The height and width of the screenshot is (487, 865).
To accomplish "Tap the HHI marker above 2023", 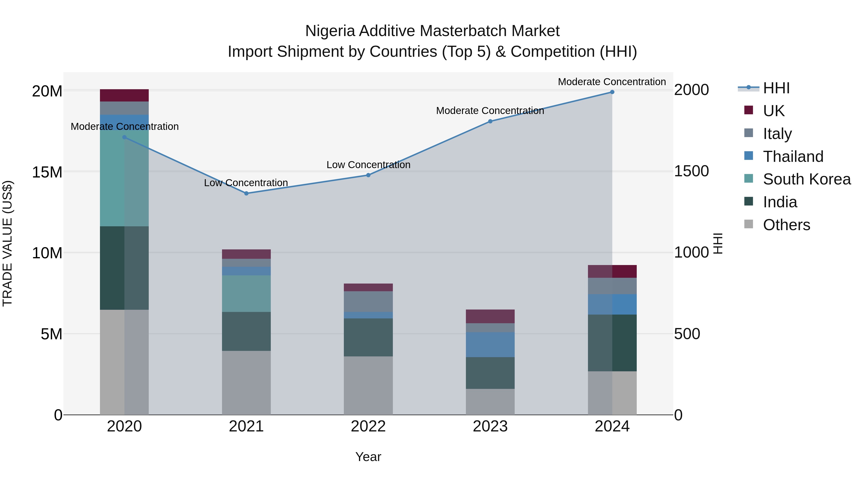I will pyautogui.click(x=490, y=121).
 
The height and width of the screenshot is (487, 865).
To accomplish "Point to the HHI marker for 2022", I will pyautogui.click(x=368, y=175).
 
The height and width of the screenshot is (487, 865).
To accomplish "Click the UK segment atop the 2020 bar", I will pyautogui.click(x=124, y=95).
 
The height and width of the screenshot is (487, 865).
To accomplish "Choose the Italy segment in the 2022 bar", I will pyautogui.click(x=368, y=302).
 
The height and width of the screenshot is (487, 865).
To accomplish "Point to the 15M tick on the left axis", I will pyautogui.click(x=47, y=172).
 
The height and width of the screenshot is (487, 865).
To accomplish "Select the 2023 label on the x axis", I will pyautogui.click(x=490, y=426).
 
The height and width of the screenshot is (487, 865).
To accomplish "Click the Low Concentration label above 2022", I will pyautogui.click(x=368, y=165).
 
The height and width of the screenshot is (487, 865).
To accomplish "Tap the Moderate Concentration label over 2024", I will pyautogui.click(x=612, y=82).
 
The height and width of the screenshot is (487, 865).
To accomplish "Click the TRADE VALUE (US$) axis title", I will pyautogui.click(x=7, y=243).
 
